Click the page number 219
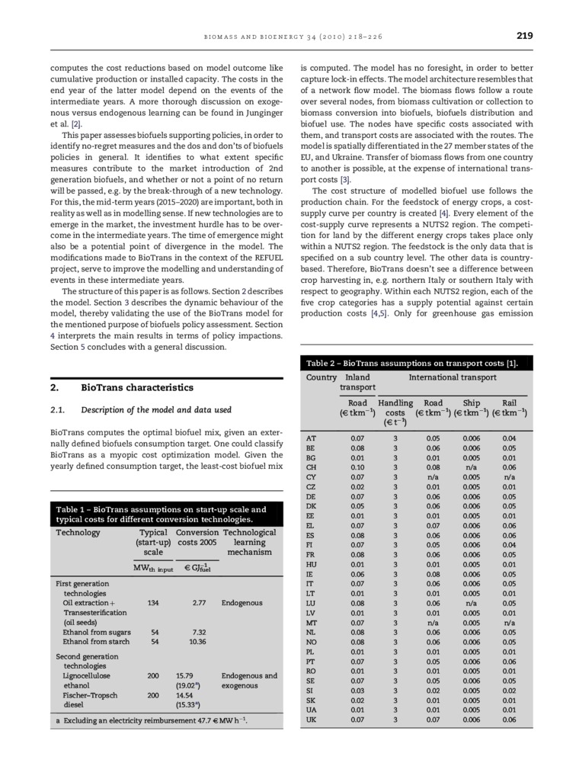tap(523, 36)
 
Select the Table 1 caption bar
tap(161, 515)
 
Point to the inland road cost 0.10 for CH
tap(357, 467)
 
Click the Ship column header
tap(472, 403)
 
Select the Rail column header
tap(510, 403)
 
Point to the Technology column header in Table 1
tap(78, 532)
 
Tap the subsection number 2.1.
tap(59, 411)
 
